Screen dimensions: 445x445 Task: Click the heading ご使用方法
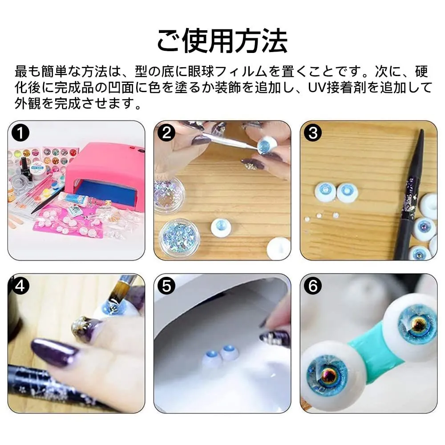[x=222, y=40]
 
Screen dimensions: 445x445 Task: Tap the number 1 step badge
[x=20, y=133]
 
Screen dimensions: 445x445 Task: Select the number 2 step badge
[x=166, y=133]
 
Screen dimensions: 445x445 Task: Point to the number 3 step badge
[x=313, y=133]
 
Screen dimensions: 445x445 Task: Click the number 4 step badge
[x=20, y=286]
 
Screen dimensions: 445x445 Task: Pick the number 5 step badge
[x=166, y=286]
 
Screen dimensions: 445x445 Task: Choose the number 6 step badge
[x=313, y=286]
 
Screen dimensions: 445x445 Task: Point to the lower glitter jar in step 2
[x=178, y=237]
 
